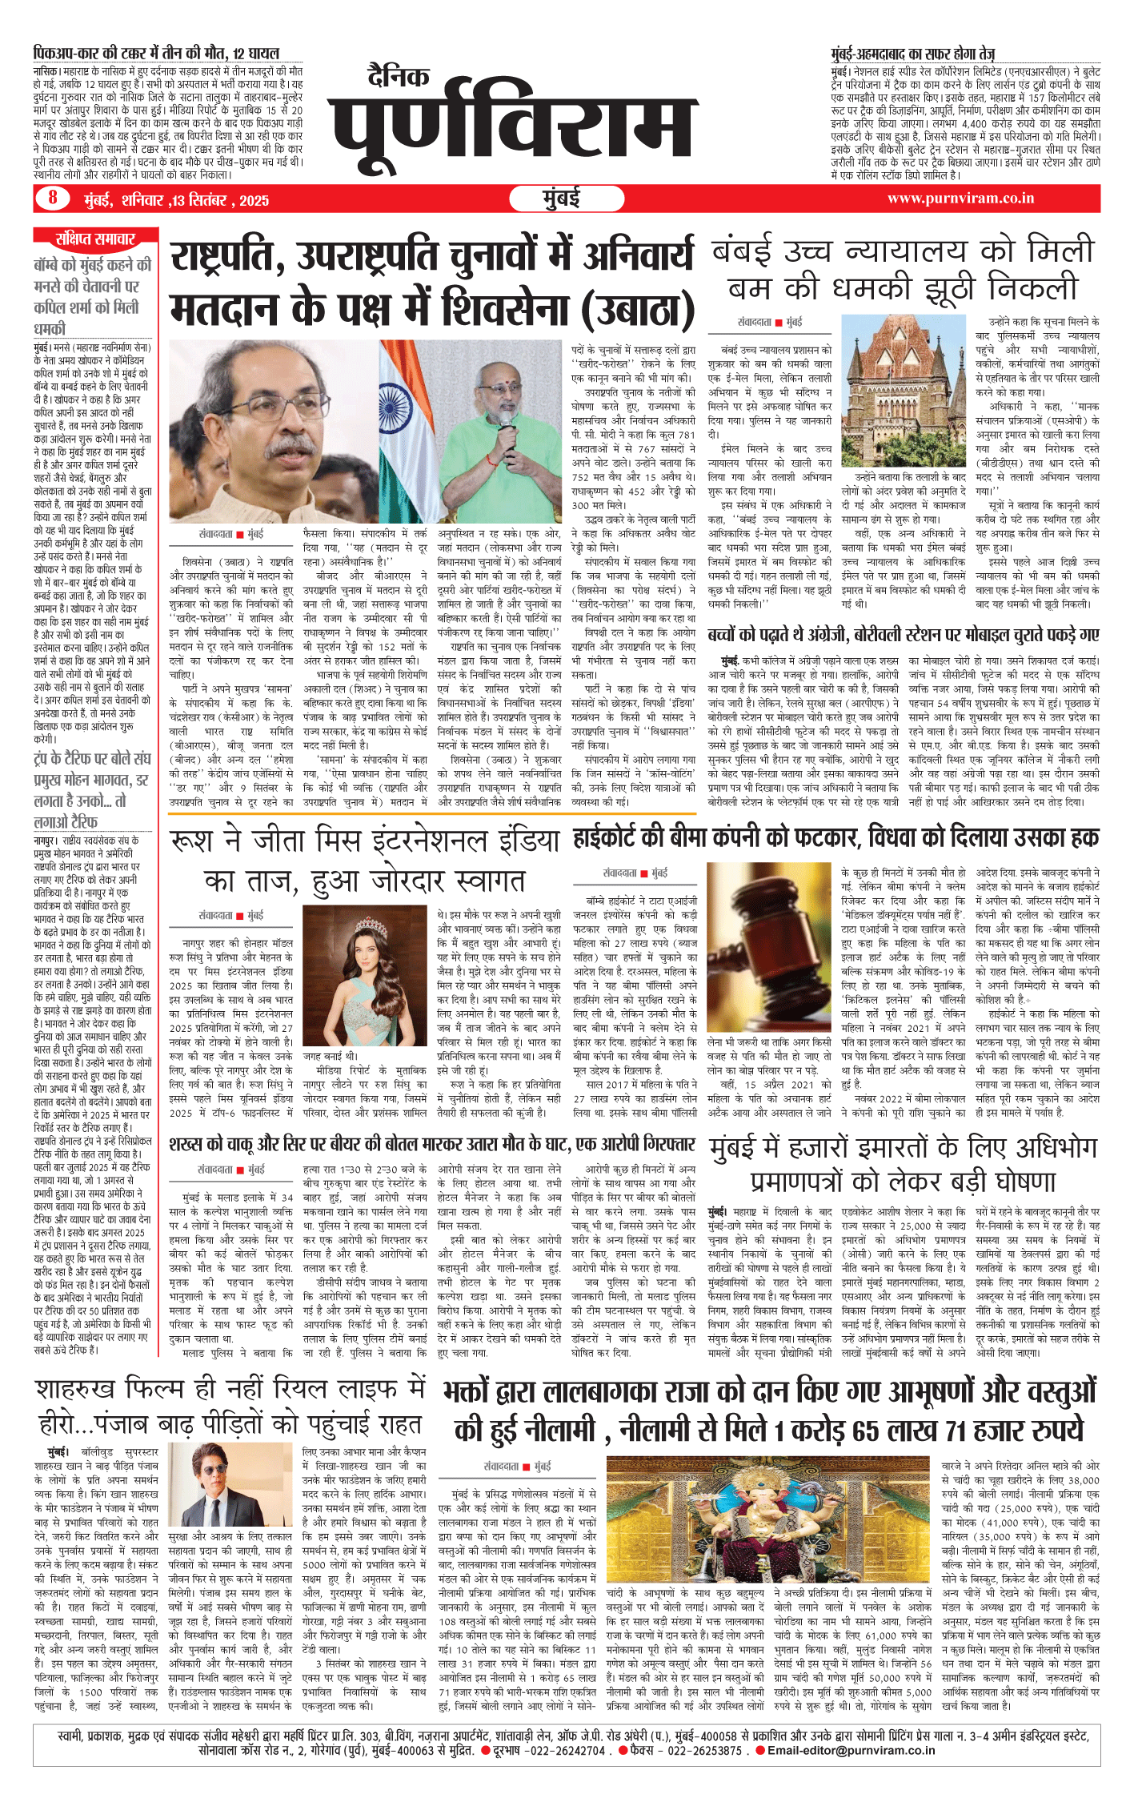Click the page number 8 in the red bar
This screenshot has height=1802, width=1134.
click(53, 197)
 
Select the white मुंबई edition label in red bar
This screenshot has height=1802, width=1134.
click(561, 199)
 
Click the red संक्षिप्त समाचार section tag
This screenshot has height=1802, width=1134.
click(95, 239)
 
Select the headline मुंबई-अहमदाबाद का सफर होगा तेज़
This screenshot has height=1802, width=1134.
click(912, 54)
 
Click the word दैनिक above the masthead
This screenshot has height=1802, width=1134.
click(399, 76)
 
